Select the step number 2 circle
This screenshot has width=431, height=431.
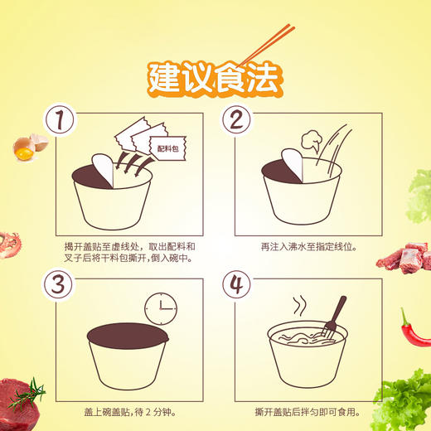(x=236, y=121)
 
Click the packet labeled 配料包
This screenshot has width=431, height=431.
(x=171, y=149)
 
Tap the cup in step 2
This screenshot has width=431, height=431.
(x=302, y=196)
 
